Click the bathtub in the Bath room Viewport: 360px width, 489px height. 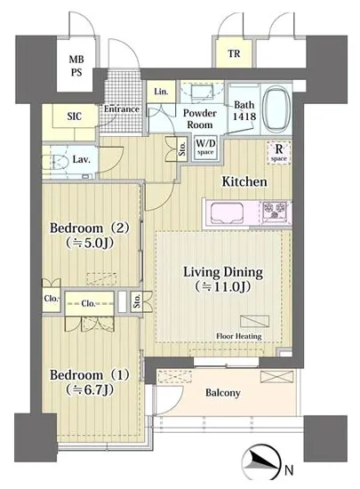276,109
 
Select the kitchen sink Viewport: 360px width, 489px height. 227,213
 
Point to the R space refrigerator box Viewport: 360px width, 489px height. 278,153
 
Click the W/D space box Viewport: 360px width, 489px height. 205,148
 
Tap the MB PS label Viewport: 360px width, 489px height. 76,66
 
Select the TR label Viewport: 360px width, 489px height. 234,54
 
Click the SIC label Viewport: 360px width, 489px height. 75,116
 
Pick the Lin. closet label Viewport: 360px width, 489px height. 161,92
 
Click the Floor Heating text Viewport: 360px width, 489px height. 239,336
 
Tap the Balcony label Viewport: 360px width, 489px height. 223,393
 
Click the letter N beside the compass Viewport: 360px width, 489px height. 289,470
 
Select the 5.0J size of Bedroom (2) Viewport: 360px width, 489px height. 89,243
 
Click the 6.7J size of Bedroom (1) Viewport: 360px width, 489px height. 90,389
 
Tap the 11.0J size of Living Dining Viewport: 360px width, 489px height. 223,287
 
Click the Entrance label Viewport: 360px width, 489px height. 122,109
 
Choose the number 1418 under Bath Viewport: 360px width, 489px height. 244,116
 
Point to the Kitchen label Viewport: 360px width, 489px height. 244,181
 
